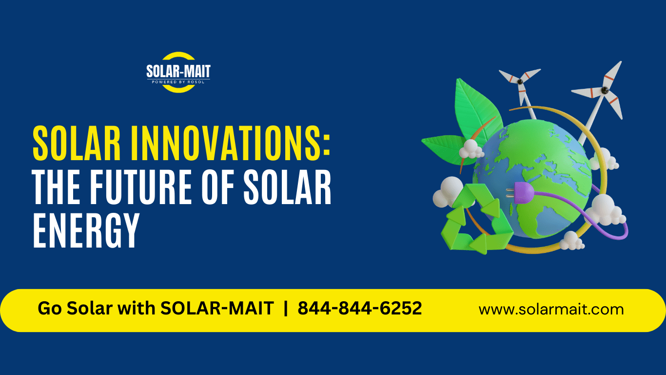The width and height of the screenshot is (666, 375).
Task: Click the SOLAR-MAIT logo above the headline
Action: coord(178,72)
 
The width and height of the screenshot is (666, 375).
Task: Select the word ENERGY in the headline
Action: coord(86,231)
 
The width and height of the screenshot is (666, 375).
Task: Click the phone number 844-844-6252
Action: coord(360,309)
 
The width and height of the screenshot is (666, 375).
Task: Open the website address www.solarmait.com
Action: coord(551,310)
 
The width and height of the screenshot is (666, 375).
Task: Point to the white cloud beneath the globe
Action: coord(571,240)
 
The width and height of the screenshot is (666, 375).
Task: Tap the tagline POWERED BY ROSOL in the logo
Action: coord(178,82)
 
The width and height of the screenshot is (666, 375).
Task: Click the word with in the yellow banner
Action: coord(136,309)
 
